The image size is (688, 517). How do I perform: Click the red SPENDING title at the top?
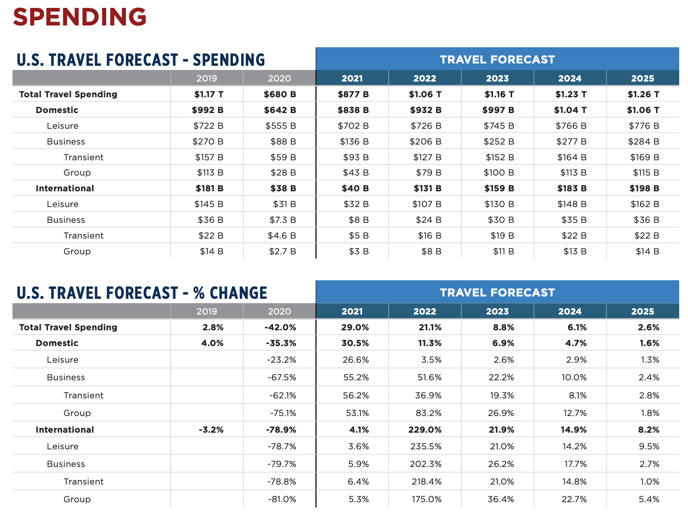80,17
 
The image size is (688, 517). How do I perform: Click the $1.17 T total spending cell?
208,94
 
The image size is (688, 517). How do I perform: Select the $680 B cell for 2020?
280,94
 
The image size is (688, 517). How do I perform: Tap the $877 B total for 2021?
353,94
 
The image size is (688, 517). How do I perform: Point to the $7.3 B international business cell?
282,220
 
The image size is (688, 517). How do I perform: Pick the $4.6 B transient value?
281,235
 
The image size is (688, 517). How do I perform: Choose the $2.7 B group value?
282,251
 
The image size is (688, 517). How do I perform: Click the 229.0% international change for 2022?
425,429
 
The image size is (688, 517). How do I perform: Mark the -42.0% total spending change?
280,327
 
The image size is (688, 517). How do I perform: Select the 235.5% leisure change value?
425,446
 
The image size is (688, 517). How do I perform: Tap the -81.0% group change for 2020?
281,499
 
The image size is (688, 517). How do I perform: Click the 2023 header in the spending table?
497,78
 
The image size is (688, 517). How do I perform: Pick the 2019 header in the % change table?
206,311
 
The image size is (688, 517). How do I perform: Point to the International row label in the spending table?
65,188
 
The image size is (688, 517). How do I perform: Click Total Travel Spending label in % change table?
68,327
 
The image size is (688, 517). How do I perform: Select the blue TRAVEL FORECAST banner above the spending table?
497,59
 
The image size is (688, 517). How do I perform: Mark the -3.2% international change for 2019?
211,429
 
